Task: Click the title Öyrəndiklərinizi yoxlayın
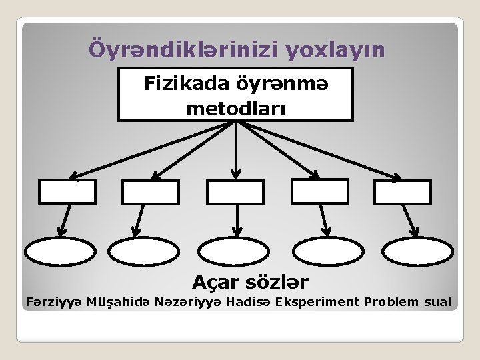coord(237,50)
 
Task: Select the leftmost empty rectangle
coord(67,192)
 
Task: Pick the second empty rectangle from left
coord(151,192)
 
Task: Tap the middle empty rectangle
coord(235,192)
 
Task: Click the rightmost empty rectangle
coord(403,192)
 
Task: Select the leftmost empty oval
coord(61,252)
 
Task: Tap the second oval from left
coord(141,252)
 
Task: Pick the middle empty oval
coord(233,252)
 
